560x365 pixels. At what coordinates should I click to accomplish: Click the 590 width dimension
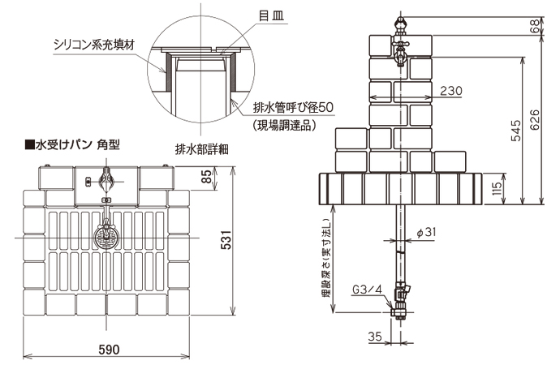pos(110,350)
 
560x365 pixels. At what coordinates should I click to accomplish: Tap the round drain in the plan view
pos(106,236)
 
